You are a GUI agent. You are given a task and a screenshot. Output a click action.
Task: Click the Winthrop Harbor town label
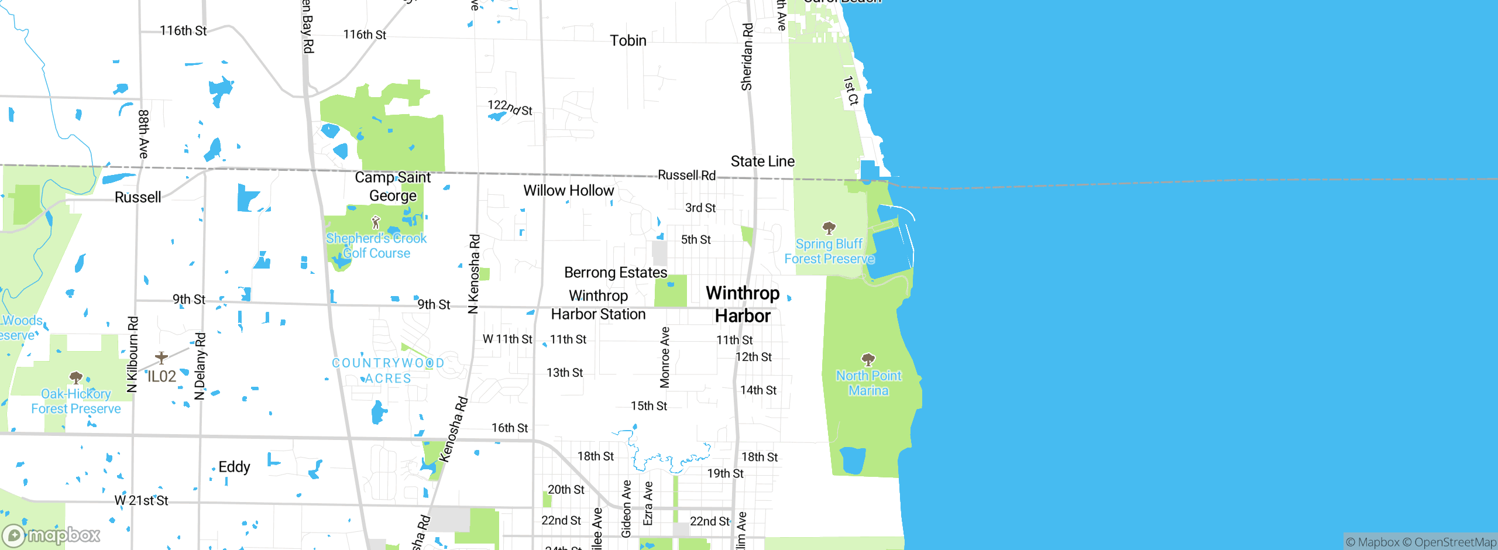[743, 304]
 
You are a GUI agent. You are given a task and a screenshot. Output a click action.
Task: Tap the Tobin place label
[628, 40]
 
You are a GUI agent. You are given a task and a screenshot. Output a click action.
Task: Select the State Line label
[762, 161]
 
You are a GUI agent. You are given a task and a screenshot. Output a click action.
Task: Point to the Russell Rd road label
[686, 175]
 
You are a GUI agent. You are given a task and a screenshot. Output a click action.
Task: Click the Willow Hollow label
[568, 191]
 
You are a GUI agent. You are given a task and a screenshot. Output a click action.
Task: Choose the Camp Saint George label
[393, 186]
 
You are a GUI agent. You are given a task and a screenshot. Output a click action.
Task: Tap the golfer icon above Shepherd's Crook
[376, 222]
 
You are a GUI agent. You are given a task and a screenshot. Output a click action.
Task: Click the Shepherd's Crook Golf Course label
[376, 246]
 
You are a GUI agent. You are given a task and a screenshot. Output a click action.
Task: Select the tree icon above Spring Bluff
[829, 228]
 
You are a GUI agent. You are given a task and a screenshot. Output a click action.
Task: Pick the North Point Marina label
[868, 383]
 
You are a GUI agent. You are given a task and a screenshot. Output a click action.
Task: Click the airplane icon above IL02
[162, 357]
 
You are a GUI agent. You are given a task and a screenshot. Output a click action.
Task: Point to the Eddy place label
[234, 467]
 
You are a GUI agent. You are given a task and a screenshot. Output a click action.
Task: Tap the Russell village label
[138, 197]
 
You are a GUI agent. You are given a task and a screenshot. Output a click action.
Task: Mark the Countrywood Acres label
[388, 370]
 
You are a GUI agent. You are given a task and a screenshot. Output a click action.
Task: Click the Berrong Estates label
[616, 273]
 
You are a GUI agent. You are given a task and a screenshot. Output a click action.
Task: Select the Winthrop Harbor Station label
[598, 305]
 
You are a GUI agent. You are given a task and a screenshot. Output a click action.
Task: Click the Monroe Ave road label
[665, 357]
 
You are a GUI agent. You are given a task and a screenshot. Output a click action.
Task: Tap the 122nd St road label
[510, 108]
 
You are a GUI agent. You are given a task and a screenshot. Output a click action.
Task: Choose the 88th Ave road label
[143, 134]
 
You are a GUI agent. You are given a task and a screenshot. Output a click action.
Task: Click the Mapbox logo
[51, 535]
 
